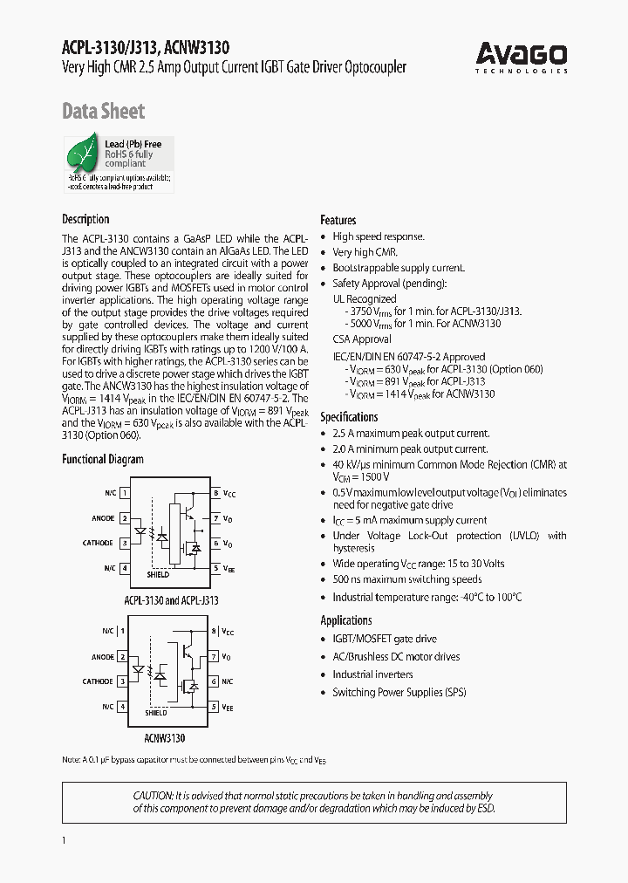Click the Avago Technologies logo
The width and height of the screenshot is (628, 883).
pos(522,58)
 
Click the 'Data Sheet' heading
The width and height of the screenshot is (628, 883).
pos(103,111)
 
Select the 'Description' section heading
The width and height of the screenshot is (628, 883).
pos(85,219)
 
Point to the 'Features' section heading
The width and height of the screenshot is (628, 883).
pos(338,220)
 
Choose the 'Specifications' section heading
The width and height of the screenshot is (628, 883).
pos(349,416)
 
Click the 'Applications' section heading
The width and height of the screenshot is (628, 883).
pos(345,620)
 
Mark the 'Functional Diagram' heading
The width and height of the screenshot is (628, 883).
pos(102,459)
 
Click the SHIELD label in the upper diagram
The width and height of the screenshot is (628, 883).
pos(158,574)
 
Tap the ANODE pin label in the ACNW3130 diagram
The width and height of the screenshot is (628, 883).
pos(103,657)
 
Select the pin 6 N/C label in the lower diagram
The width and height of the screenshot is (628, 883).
pos(228,681)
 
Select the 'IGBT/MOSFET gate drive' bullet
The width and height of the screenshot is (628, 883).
pos(385,640)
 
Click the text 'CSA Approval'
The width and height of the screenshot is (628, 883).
pos(362,339)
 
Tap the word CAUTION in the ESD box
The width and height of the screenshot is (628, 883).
pos(154,796)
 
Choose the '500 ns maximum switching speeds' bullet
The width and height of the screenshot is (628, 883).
pos(406,579)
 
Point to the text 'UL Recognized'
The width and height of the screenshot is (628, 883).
pos(364,298)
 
